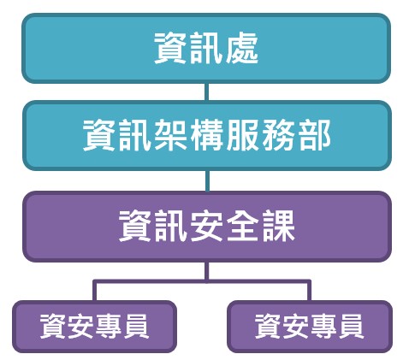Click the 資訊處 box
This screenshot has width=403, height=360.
(206, 49)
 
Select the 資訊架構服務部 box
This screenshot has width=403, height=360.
(207, 136)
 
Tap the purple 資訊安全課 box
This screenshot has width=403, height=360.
(207, 227)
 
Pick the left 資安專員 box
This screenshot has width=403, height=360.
(94, 327)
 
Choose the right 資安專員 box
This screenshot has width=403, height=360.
(310, 327)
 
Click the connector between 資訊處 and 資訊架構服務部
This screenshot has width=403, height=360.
(206, 92)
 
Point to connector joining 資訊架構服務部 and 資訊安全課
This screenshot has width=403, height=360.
(207, 181)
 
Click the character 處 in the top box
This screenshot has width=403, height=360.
(242, 48)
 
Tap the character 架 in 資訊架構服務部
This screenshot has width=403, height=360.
(171, 135)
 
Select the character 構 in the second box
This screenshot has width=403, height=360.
(206, 135)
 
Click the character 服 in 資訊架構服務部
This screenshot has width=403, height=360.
(242, 135)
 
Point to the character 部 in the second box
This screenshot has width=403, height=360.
(315, 135)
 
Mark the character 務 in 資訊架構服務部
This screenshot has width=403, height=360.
(278, 135)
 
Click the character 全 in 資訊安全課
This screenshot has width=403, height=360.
(242, 226)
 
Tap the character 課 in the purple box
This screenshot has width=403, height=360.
(278, 226)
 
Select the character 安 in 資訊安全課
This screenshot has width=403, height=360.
(206, 226)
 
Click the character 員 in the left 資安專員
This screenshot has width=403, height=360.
(135, 326)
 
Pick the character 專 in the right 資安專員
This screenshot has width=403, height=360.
(323, 326)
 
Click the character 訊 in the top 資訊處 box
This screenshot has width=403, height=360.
(206, 48)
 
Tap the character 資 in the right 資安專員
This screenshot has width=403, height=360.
(268, 326)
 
